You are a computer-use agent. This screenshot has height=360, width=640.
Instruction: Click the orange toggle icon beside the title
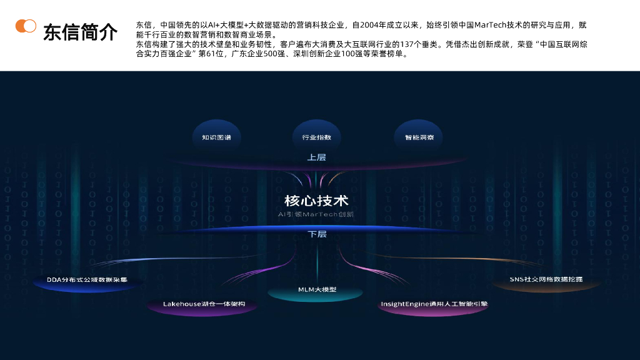tap(26, 26)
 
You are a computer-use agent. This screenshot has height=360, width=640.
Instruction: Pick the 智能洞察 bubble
tap(419, 137)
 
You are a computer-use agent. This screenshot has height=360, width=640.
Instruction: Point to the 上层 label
tap(317, 157)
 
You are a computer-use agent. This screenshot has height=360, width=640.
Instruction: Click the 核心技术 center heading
tap(316, 201)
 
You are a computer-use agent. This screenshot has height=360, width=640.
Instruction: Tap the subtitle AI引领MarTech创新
tap(316, 214)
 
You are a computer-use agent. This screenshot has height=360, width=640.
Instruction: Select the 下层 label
tap(317, 234)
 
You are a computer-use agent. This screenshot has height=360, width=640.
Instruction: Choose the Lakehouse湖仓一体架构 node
tap(204, 304)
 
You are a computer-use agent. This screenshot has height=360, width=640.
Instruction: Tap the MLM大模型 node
tap(317, 289)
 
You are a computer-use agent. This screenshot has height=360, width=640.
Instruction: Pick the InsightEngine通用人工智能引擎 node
tap(434, 304)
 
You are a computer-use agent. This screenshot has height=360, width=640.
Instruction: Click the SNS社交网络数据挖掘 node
tap(546, 279)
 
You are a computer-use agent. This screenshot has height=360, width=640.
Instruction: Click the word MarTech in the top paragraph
tap(494, 25)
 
